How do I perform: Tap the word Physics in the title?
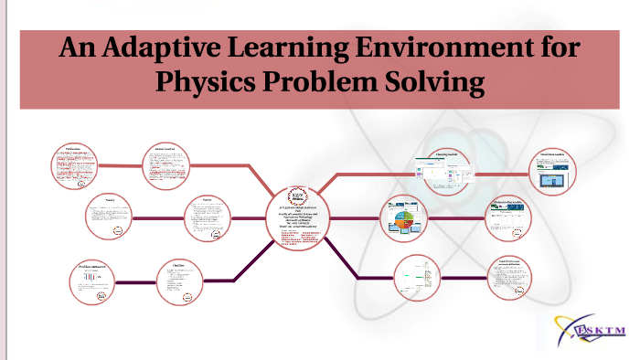[x=206, y=82]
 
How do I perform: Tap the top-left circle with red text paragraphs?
[x=79, y=170]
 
